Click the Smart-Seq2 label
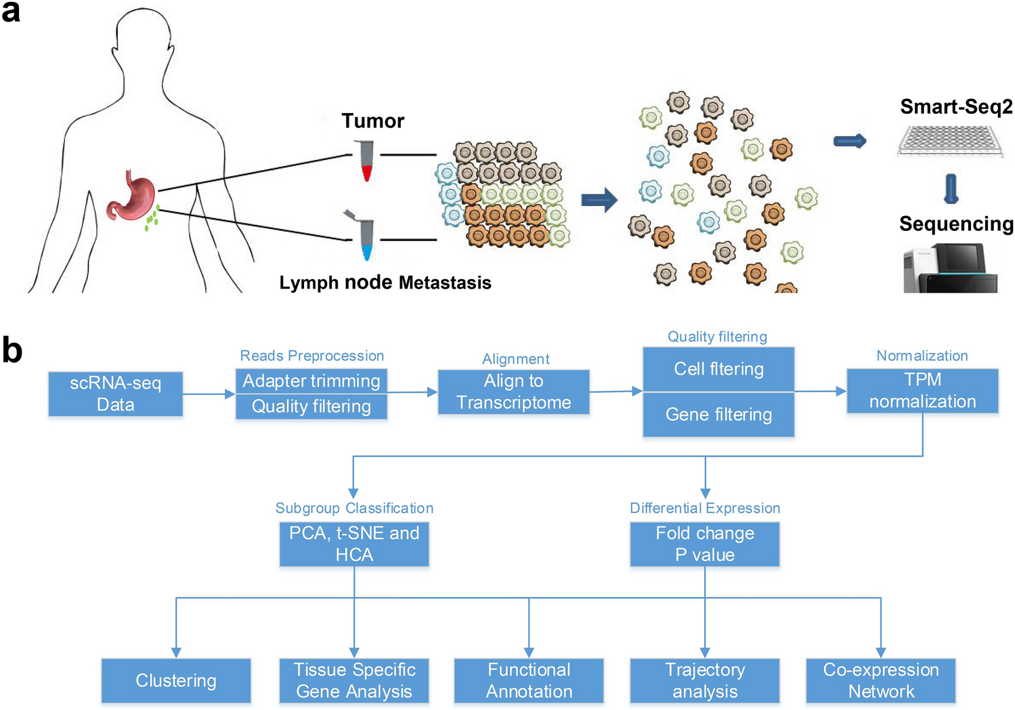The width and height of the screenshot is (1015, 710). (955, 106)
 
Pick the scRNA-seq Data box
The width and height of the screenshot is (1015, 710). (116, 394)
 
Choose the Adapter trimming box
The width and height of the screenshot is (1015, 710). (311, 381)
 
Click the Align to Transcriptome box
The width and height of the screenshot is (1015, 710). (513, 392)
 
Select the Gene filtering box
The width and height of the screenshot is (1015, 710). (718, 415)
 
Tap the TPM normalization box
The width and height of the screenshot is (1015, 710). (922, 391)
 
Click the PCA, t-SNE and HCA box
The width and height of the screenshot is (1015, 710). (354, 544)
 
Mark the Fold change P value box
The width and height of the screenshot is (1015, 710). (705, 544)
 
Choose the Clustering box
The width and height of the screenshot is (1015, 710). (176, 680)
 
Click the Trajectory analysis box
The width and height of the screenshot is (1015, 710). (705, 680)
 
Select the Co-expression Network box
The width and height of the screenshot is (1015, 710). (881, 680)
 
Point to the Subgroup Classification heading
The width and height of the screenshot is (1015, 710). (354, 508)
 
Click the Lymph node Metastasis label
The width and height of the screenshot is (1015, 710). (385, 283)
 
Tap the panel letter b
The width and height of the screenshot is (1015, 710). (12, 350)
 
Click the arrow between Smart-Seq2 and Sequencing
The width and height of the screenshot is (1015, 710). (951, 189)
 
